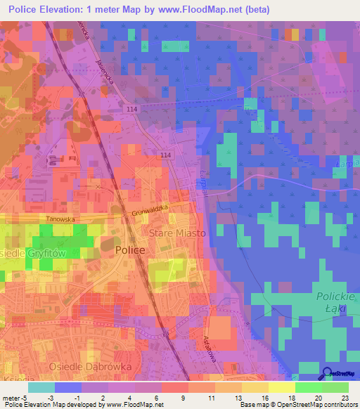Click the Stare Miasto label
pyautogui.click(x=176, y=233)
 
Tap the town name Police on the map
pyautogui.click(x=130, y=250)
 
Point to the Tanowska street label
pyautogui.click(x=60, y=219)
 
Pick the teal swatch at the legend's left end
pyautogui.click(x=41, y=387)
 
